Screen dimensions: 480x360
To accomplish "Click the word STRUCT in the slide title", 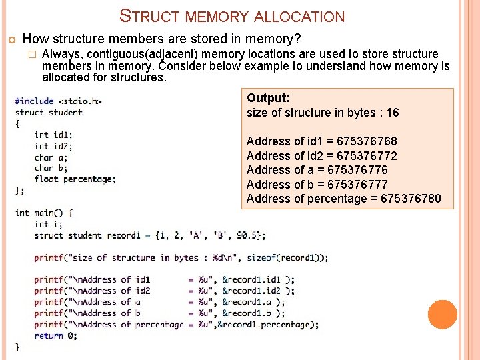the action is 147,16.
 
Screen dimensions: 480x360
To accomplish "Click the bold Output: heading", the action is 268,98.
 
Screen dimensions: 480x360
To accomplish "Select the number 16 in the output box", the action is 393,113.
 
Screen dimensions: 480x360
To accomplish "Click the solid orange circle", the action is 443,314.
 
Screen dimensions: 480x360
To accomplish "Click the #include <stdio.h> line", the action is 58,101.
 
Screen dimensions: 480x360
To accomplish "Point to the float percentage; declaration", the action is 75,179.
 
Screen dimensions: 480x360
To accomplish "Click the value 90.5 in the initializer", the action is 243,235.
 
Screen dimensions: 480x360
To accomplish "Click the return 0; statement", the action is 55,335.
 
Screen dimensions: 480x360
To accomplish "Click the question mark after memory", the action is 297,39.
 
